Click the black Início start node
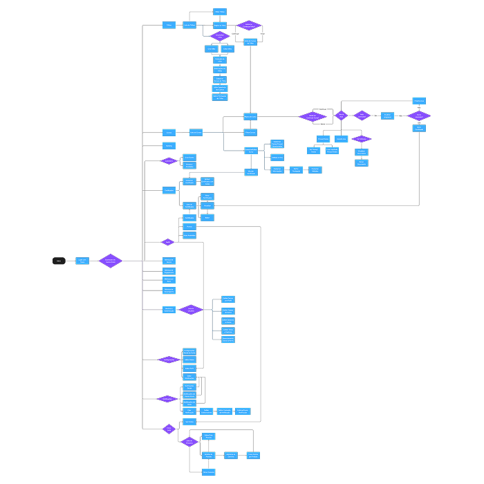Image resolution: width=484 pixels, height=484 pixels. [59, 261]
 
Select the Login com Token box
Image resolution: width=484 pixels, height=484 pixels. [82, 261]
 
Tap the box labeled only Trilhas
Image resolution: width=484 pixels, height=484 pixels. [169, 25]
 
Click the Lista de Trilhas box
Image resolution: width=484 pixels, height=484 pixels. [189, 25]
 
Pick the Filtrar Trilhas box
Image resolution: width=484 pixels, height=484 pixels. [220, 12]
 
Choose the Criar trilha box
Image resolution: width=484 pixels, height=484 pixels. [211, 48]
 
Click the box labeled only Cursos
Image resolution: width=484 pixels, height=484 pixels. [169, 132]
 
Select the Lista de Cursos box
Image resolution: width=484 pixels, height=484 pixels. [196, 132]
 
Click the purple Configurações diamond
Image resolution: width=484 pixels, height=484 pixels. [169, 360]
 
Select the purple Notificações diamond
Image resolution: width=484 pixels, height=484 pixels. [167, 399]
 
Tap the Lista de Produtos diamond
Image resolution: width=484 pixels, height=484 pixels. [189, 442]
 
